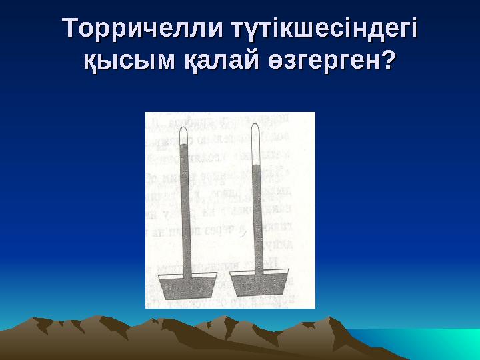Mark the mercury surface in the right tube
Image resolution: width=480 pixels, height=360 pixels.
click(257, 165)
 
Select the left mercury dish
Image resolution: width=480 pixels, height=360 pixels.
click(186, 287)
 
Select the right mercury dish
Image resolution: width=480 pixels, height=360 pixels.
click(259, 285)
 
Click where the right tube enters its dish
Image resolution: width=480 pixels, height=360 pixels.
click(258, 272)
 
